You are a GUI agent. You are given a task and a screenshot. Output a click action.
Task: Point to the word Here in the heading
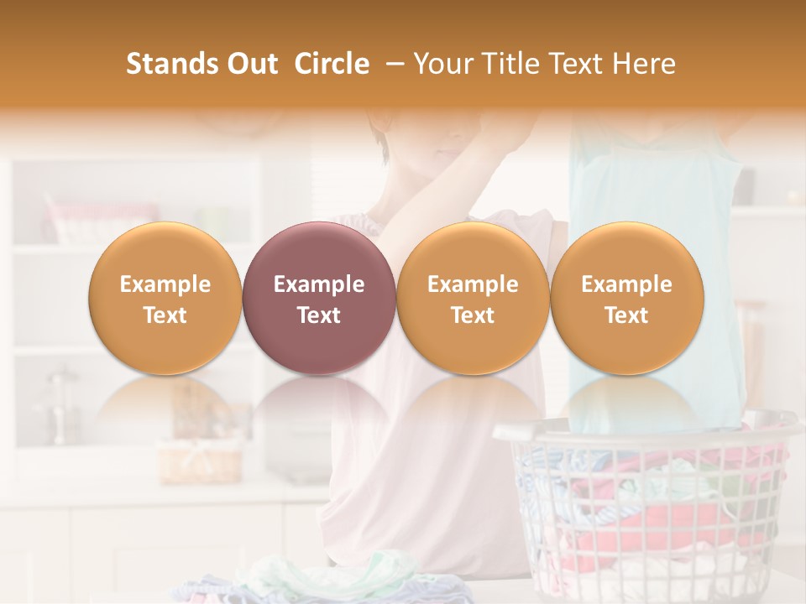[x=646, y=64]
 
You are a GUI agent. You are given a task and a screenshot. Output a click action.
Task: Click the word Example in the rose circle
[x=319, y=284]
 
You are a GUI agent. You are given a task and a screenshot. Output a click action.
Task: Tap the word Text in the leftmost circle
[x=165, y=315]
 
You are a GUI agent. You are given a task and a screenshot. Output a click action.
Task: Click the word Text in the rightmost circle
[x=626, y=315]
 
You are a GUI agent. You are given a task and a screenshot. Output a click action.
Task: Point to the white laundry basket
[x=646, y=503]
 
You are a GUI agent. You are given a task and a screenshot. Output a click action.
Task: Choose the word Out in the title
[x=251, y=64]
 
